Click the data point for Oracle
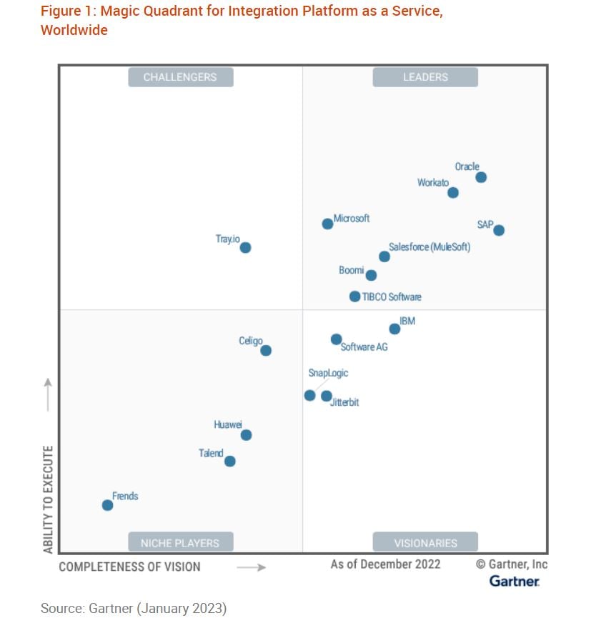pos(481,177)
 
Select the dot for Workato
pos(452,193)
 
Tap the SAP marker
pos(499,230)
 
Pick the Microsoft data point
pos(327,224)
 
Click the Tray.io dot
pos(245,248)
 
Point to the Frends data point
pos(107,505)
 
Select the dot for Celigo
pos(266,351)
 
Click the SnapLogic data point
pos(309,396)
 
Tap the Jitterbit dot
pos(327,396)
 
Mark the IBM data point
pos(394,329)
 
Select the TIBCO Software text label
pos(391,297)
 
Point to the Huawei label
pos(227,425)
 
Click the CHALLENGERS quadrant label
pos(180,77)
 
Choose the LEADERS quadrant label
pos(425,77)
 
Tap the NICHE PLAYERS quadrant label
pos(180,543)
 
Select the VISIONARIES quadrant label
pos(425,543)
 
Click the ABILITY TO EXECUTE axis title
pos(48,499)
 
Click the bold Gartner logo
pos(515,582)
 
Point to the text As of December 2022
pos(385,564)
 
